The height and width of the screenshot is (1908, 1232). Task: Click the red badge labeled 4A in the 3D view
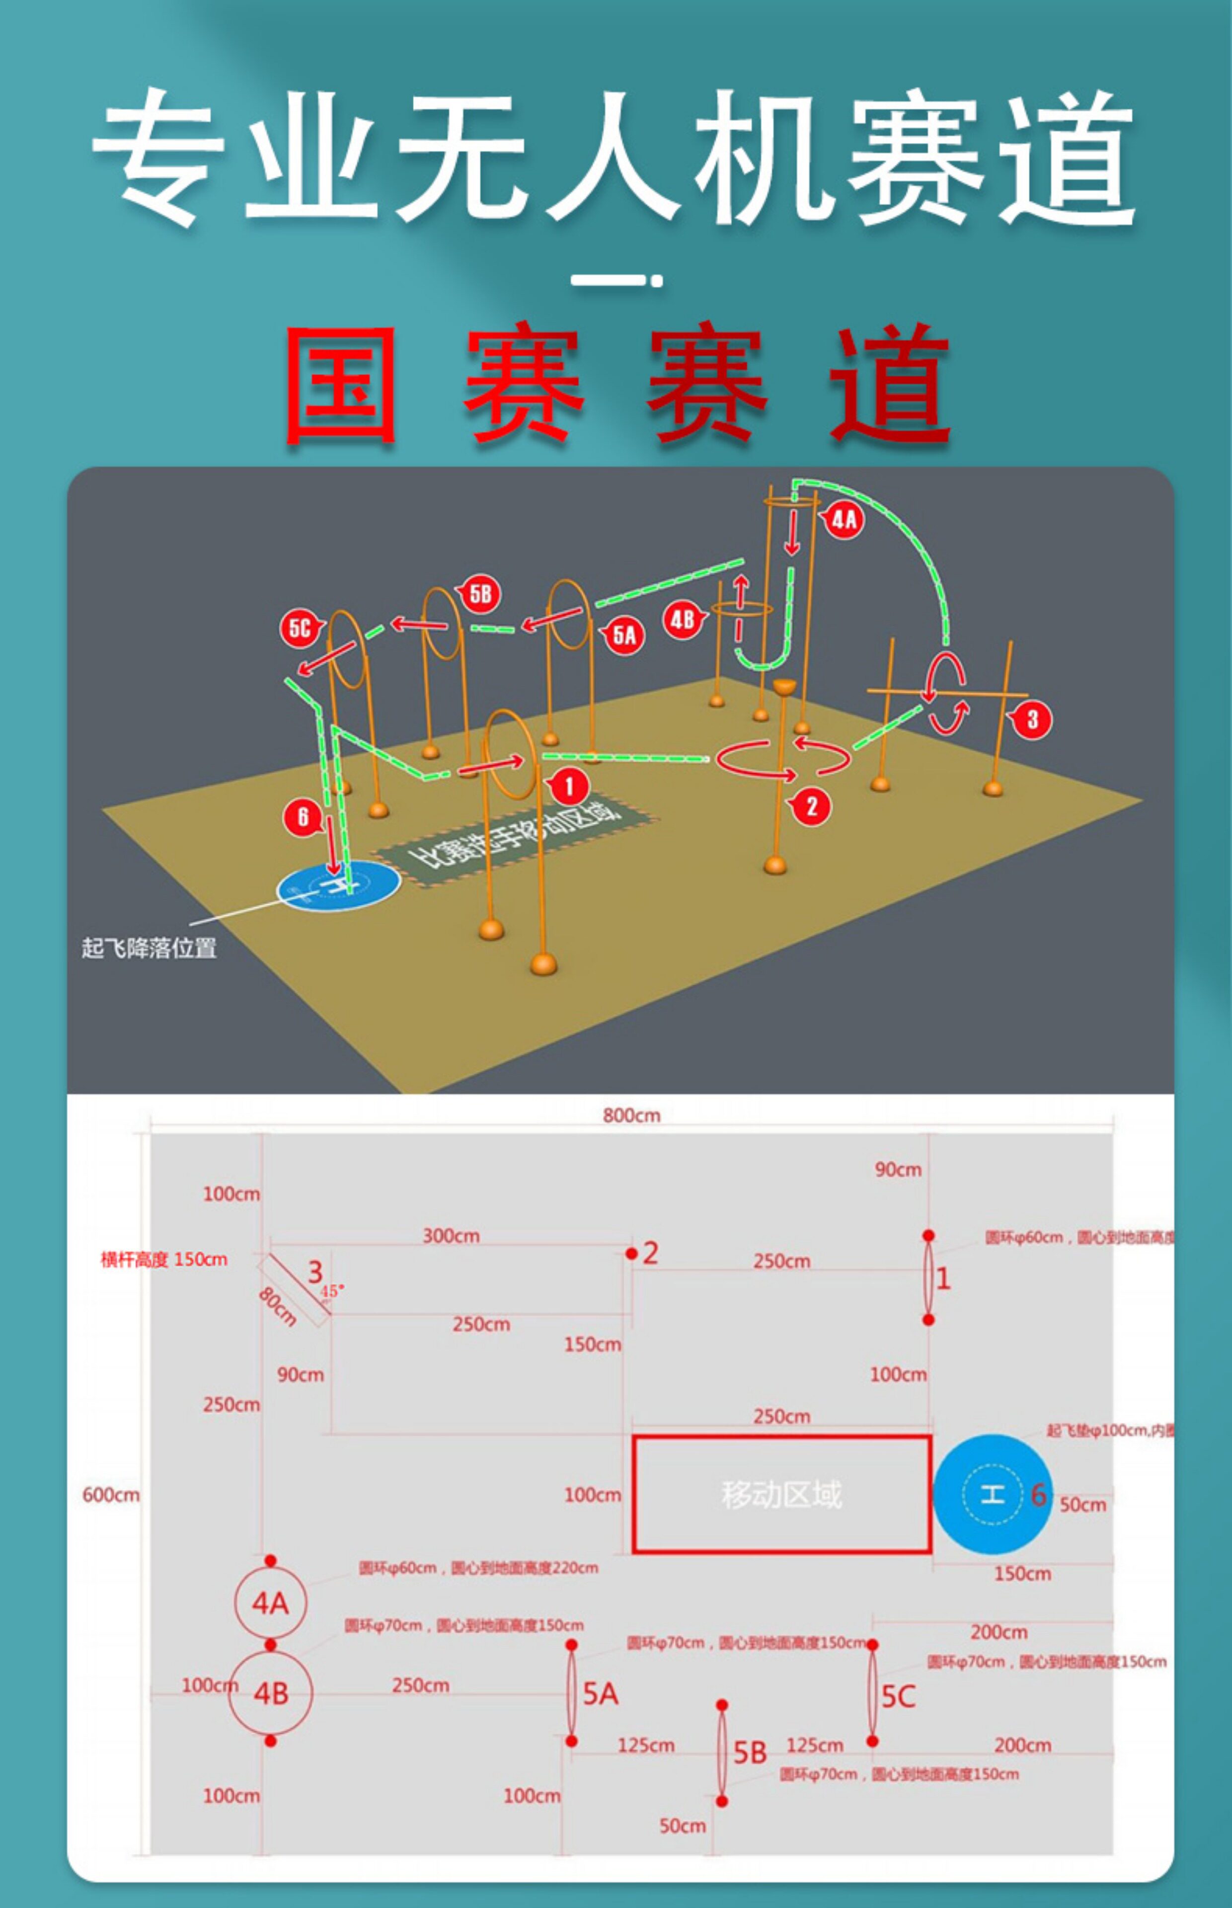pos(844,520)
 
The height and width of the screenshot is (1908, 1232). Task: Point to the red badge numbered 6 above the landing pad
pos(303,817)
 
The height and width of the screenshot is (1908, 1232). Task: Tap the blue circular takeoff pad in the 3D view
pos(338,885)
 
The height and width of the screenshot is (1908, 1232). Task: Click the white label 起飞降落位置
pos(149,948)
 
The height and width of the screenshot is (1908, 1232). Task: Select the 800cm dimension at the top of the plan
pos(631,1115)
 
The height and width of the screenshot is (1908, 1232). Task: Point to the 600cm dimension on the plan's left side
pos(110,1495)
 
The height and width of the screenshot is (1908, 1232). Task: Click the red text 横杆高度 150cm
pos(164,1260)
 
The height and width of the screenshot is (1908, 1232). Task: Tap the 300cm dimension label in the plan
pos(451,1236)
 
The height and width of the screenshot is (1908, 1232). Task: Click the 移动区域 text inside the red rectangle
pos(781,1495)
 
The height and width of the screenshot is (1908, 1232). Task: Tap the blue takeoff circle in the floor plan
pos(992,1495)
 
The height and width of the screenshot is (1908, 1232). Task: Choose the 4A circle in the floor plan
pos(270,1603)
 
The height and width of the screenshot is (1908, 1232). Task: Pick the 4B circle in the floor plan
pos(270,1694)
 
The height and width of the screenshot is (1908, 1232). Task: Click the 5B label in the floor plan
pos(750,1753)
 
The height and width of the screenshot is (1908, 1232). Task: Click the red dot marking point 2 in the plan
pos(631,1254)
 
